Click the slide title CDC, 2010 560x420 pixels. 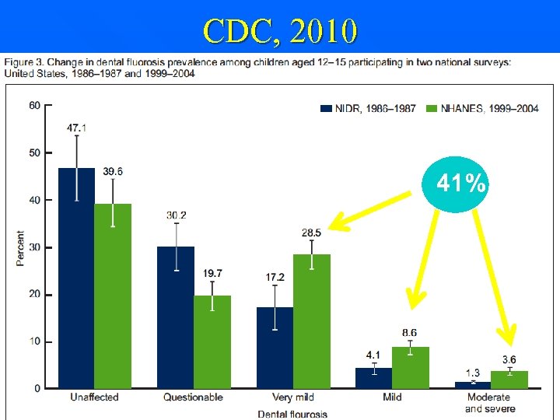click(x=280, y=31)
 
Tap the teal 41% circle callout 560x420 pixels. click(x=461, y=184)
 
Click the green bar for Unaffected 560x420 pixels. click(x=113, y=296)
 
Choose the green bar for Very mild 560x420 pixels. click(x=311, y=320)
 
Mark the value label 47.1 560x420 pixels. click(x=76, y=126)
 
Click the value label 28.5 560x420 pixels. click(x=311, y=233)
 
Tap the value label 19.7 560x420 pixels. click(x=212, y=273)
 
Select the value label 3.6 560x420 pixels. click(x=509, y=359)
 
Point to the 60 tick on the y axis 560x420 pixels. click(x=35, y=106)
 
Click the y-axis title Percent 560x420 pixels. click(x=20, y=248)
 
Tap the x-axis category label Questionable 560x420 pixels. click(x=193, y=397)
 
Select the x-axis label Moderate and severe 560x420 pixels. click(x=490, y=403)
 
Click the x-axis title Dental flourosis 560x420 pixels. click(x=292, y=414)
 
